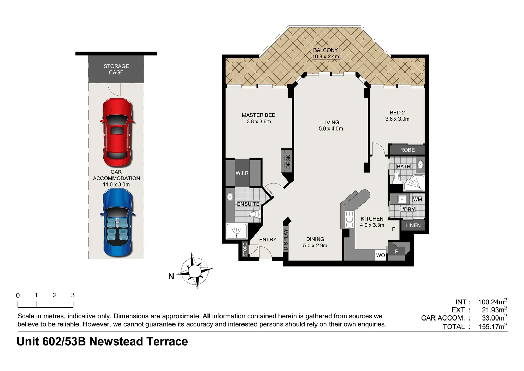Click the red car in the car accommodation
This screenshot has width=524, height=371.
click(x=116, y=132)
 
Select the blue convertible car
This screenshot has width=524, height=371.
click(x=116, y=223)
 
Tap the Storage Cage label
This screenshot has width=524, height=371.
click(x=116, y=69)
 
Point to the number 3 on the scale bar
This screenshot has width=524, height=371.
click(x=73, y=295)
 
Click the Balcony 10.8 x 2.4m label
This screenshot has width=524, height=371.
click(x=325, y=53)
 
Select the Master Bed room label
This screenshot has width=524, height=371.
click(x=259, y=118)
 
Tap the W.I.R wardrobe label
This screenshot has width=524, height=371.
click(x=242, y=173)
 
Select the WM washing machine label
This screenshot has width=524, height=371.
click(x=417, y=199)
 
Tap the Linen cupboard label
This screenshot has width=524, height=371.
click(x=413, y=225)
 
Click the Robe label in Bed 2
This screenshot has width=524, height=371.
click(x=407, y=150)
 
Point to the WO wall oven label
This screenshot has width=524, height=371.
click(x=380, y=255)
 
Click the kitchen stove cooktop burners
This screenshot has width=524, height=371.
click(x=349, y=220)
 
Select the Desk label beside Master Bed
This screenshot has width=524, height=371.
click(x=288, y=161)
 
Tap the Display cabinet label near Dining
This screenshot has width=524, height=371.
click(x=286, y=239)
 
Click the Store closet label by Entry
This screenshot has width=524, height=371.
click(x=245, y=250)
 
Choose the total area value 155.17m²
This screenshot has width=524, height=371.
click(x=492, y=327)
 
